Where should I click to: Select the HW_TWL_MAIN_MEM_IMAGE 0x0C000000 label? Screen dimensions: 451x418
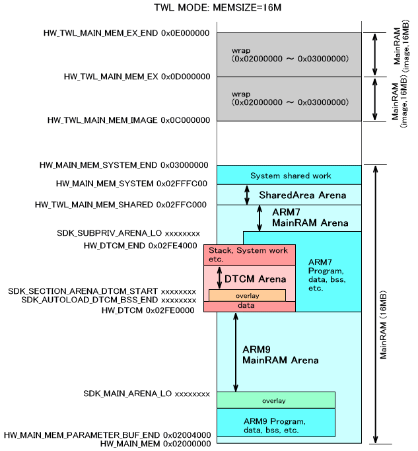(x=129, y=120)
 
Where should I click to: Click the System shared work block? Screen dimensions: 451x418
(x=290, y=176)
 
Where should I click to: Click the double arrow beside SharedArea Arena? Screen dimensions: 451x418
(x=248, y=195)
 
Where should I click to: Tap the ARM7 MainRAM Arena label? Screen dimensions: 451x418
(x=310, y=218)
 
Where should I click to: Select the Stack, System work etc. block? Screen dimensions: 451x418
(x=248, y=255)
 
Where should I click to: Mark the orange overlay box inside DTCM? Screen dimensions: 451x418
(x=248, y=295)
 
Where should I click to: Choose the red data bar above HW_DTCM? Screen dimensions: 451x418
(x=248, y=306)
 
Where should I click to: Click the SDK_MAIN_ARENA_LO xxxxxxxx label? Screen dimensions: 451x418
(x=146, y=394)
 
